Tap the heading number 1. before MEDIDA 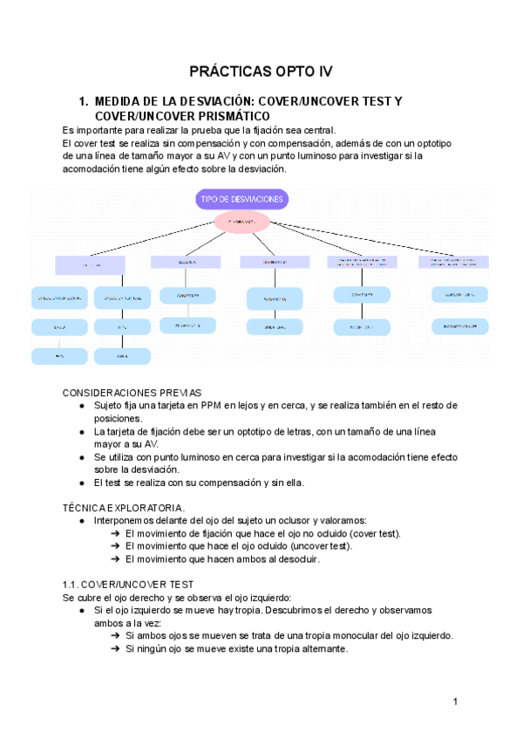(85, 101)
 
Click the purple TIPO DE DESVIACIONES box (242, 199)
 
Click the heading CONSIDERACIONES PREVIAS (132, 393)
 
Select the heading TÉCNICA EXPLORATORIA (124, 507)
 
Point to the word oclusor (296, 520)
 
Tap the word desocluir (296, 559)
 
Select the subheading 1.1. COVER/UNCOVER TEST (129, 584)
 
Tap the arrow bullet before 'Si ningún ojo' (116, 649)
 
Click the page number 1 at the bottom (456, 702)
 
